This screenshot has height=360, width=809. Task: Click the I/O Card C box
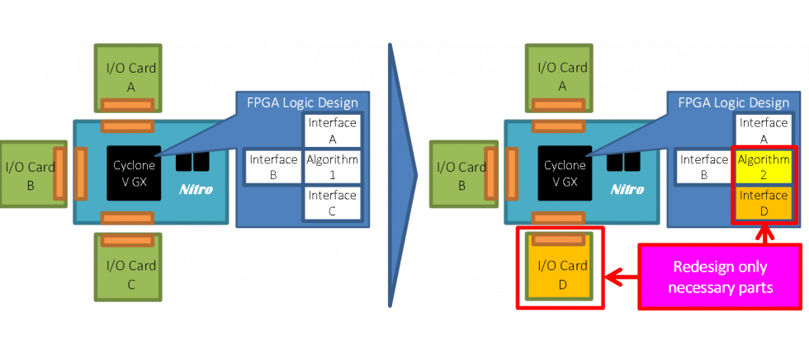pos(130,273)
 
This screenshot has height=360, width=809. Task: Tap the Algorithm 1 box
pos(333,168)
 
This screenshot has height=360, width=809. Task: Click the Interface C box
pos(333,203)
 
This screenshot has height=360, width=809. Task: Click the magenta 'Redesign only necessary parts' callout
pos(720,277)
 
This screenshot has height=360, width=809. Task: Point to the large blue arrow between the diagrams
pos(402,173)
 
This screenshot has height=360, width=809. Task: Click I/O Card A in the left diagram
pos(130,76)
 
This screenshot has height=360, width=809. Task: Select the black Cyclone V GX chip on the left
pos(134,173)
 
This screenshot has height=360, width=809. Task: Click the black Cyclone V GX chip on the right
pos(565,173)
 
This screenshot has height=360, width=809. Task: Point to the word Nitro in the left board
pos(196,189)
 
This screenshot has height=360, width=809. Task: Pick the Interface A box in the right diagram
pos(764,130)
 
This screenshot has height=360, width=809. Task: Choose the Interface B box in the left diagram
pos(273,168)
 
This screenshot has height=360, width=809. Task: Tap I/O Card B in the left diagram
pos(30,173)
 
